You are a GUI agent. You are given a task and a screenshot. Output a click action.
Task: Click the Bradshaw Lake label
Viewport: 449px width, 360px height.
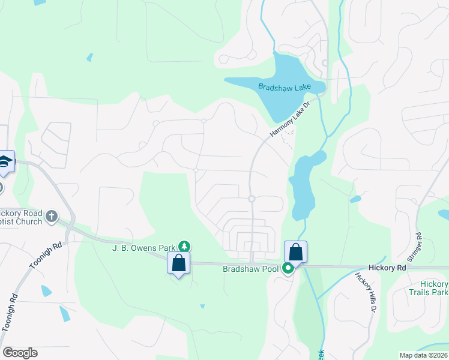[x=285, y=87]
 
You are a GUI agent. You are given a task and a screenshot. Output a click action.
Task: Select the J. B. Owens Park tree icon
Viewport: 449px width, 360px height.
[x=185, y=246]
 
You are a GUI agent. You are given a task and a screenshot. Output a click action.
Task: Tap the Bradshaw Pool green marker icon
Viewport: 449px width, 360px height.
[x=288, y=269]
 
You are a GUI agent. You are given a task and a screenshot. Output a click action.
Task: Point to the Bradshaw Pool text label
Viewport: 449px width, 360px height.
[x=250, y=269]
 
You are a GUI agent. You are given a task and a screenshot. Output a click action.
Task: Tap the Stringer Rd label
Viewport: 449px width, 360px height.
[x=415, y=247]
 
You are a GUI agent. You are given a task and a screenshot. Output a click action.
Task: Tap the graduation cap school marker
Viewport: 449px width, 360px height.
[x=5, y=162]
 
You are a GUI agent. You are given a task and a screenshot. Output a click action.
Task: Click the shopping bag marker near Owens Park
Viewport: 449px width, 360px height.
[x=178, y=263]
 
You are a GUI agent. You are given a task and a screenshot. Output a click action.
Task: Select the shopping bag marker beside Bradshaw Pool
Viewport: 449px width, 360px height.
[x=295, y=252]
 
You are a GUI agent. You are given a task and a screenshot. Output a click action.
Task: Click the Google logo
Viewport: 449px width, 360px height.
[x=20, y=353]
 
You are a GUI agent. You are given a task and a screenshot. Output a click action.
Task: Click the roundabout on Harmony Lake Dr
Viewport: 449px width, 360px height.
[x=252, y=199]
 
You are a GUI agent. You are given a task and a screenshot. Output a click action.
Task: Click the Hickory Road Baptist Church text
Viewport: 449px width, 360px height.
[x=21, y=218]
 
